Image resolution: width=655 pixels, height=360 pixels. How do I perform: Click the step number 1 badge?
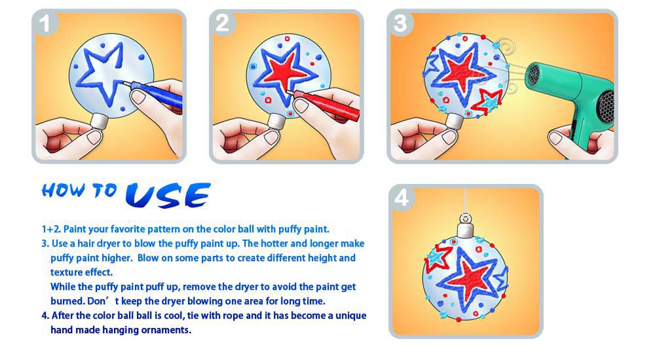pyautogui.click(x=45, y=23)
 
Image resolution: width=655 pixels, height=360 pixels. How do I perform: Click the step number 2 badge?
pyautogui.click(x=223, y=23)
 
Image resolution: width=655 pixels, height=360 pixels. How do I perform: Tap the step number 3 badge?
pyautogui.click(x=400, y=23)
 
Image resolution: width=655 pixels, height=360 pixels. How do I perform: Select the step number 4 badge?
pyautogui.click(x=402, y=198)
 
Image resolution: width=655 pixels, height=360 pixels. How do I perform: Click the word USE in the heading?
pyautogui.click(x=168, y=195)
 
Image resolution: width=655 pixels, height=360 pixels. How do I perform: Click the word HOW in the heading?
pyautogui.click(x=64, y=190)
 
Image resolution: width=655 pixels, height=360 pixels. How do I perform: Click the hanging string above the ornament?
pyautogui.click(x=465, y=200)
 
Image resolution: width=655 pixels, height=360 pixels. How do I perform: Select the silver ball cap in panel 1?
pyautogui.click(x=100, y=121)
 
